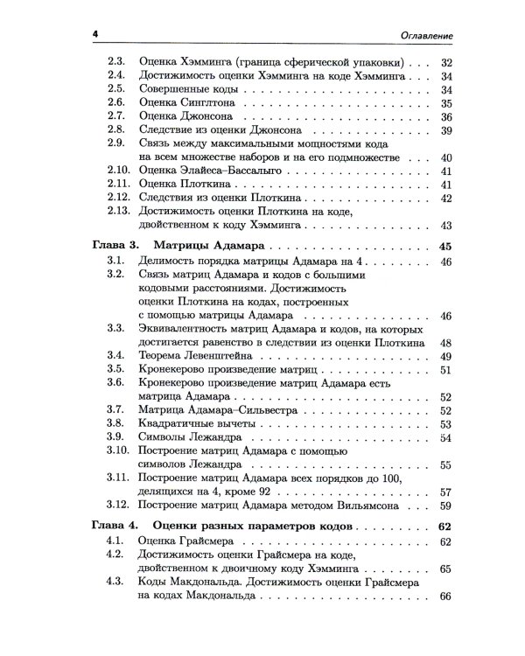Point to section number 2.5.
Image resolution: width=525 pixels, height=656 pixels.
coord(115,89)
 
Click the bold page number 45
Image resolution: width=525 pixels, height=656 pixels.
coord(443,247)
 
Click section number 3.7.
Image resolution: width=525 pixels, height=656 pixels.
coord(115,409)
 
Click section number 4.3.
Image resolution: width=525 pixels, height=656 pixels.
coord(115,582)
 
